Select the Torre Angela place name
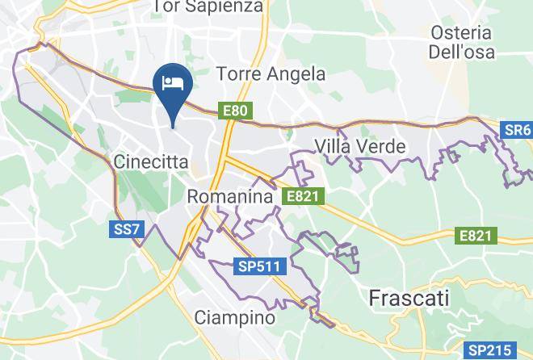(x=271, y=74)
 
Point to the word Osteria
(x=461, y=33)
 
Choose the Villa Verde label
(x=359, y=146)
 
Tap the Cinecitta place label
(x=151, y=161)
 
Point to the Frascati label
(x=409, y=298)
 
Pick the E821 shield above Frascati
(x=476, y=236)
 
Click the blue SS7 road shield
(x=126, y=230)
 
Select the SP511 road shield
(x=256, y=266)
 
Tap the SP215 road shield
(x=489, y=350)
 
